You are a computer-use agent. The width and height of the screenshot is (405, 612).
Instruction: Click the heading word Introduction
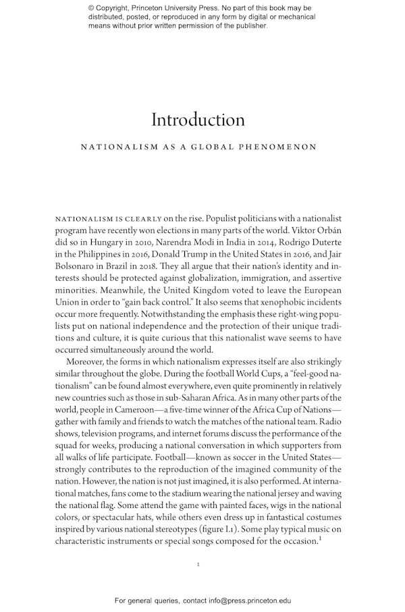tap(197, 120)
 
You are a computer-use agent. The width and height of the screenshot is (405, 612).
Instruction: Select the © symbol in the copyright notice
tap(91, 7)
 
